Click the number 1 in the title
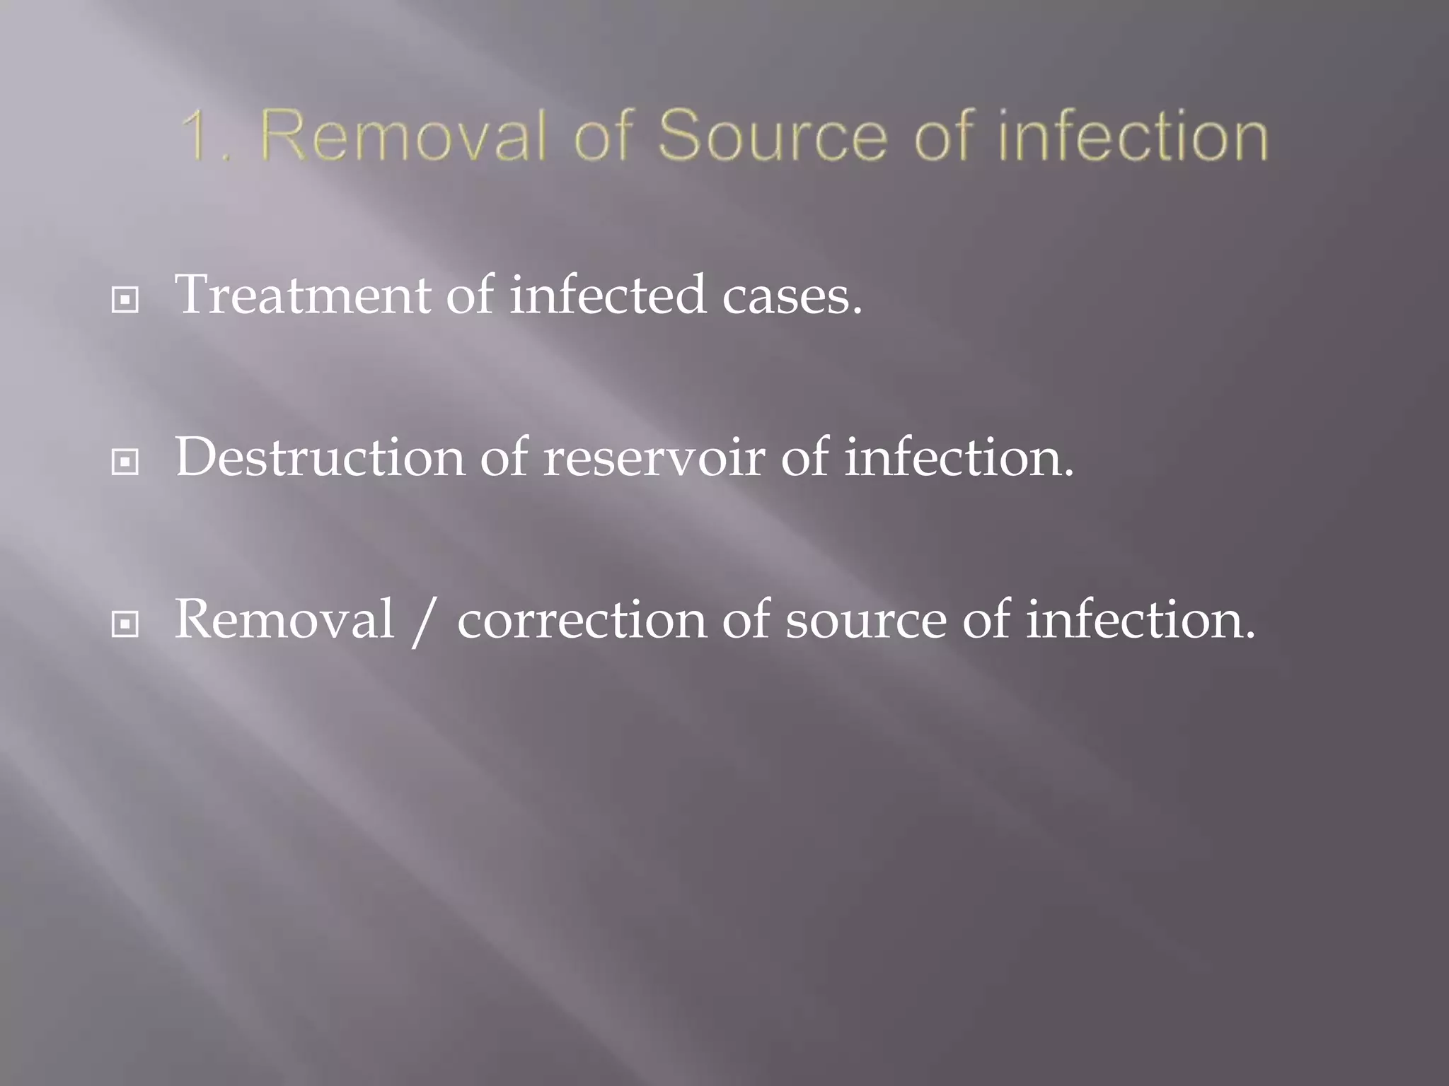tap(196, 136)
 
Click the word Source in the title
tap(772, 136)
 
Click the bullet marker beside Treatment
tap(125, 300)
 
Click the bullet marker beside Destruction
tap(125, 462)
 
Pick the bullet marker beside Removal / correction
tap(125, 624)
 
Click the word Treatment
tap(303, 295)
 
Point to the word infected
tap(608, 295)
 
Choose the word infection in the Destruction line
tap(959, 457)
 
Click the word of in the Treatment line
tap(471, 295)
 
